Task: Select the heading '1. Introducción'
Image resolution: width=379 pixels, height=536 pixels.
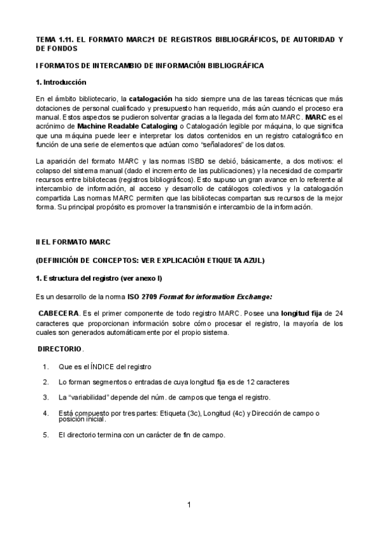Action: point(61,82)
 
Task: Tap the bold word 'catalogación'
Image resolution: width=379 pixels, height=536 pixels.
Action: point(151,99)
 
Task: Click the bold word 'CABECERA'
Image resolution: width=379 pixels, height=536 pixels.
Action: point(59,314)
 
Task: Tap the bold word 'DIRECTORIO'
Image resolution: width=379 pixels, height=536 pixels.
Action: point(59,349)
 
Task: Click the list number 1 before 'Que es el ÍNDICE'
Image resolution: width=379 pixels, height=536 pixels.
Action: point(46,367)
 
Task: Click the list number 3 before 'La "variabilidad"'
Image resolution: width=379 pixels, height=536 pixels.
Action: point(46,398)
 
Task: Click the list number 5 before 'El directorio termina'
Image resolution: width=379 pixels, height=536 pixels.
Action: point(46,435)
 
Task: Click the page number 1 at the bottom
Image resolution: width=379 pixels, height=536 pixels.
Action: point(189,504)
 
